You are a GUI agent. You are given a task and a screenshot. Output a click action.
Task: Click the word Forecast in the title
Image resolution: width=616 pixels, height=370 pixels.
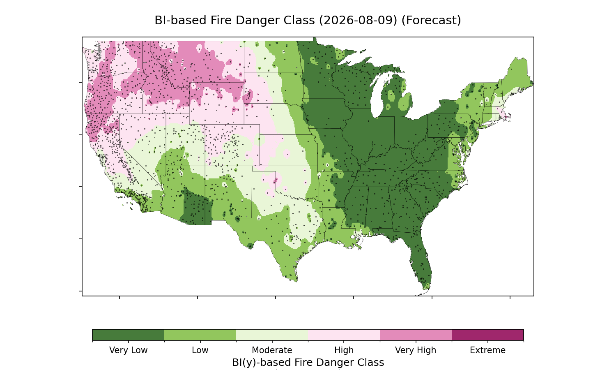click(431, 21)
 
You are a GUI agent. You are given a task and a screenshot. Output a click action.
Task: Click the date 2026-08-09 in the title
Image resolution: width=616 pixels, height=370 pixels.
click(358, 21)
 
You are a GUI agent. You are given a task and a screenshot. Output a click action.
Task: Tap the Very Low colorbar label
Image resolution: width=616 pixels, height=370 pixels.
click(128, 350)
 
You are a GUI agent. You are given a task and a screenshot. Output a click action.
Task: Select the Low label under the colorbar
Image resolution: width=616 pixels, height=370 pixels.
click(200, 350)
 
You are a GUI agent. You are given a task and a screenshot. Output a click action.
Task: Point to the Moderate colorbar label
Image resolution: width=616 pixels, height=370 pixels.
click(272, 350)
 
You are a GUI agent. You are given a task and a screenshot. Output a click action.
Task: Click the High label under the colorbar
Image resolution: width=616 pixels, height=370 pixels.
click(344, 350)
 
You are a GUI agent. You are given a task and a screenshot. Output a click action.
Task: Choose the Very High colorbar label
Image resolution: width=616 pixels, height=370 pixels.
click(416, 350)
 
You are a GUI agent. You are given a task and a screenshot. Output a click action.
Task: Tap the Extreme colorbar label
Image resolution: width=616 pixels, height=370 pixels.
click(487, 350)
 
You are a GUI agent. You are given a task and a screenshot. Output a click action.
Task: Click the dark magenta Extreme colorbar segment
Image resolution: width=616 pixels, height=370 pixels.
click(487, 335)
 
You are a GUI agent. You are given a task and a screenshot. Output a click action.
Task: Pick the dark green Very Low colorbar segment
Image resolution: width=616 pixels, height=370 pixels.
click(129, 335)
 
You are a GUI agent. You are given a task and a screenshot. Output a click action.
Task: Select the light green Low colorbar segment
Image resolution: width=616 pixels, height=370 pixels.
click(200, 335)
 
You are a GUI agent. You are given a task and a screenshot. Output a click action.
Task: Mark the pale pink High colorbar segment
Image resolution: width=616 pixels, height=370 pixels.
click(344, 335)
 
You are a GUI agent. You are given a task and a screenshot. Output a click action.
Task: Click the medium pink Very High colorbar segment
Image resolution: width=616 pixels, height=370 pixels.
click(416, 335)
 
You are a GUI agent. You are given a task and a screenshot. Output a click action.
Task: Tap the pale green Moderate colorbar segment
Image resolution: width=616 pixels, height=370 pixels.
click(272, 335)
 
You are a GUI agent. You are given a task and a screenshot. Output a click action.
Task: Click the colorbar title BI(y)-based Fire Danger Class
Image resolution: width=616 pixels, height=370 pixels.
click(308, 363)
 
